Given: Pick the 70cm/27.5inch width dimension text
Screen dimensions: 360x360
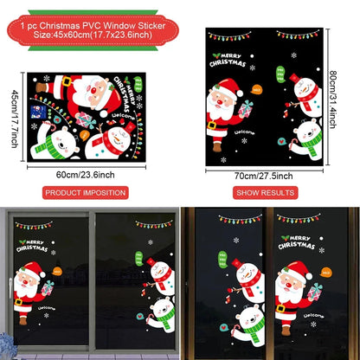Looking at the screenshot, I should pyautogui.click(x=265, y=174).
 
